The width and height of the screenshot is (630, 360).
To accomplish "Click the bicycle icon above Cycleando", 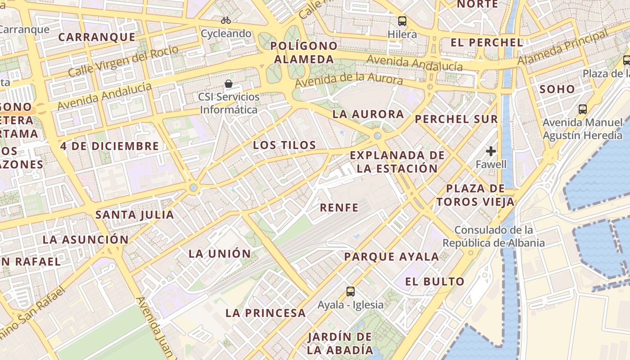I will (226, 20).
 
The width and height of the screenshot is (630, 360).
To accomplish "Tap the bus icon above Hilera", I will (402, 21).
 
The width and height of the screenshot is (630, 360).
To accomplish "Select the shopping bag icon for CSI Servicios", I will (229, 84).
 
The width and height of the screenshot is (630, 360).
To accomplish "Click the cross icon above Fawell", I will (491, 151).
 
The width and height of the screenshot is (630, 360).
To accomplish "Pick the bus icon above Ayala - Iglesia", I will (351, 292).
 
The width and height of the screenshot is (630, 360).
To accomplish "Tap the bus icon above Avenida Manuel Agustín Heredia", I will (583, 109).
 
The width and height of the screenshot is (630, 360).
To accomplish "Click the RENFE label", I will (339, 207).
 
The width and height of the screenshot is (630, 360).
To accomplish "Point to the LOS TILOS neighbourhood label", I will (284, 145).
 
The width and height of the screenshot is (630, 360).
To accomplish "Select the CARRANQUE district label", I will (97, 37).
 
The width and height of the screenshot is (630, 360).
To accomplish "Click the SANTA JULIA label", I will (135, 215).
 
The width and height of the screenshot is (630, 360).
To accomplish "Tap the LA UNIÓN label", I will (220, 253).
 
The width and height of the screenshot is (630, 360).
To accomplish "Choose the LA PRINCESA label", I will (265, 313).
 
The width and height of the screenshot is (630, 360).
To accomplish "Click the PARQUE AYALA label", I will (391, 256).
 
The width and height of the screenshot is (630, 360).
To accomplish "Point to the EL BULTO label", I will (435, 282).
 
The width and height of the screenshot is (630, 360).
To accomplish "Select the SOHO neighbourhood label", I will (557, 89).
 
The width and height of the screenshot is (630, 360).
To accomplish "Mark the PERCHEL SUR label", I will (456, 119).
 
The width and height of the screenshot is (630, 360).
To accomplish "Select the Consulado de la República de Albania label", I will (494, 236).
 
